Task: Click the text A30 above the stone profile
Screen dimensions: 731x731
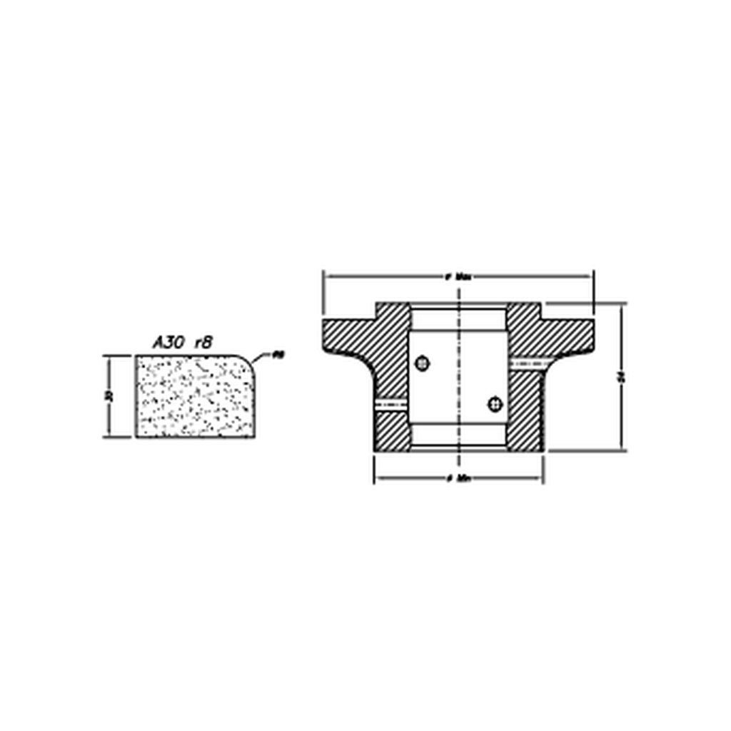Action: click(168, 343)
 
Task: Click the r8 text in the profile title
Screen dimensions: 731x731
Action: click(203, 343)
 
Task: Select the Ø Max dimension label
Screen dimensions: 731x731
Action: click(458, 276)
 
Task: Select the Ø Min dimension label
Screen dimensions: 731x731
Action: click(458, 478)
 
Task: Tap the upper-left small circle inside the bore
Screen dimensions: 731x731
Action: click(423, 363)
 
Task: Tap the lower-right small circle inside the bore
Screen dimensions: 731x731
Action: click(493, 404)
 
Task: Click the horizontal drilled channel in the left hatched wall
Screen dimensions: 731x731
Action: click(391, 404)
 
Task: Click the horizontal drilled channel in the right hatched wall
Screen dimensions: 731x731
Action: click(526, 363)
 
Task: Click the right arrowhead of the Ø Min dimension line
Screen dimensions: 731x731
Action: click(540, 478)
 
